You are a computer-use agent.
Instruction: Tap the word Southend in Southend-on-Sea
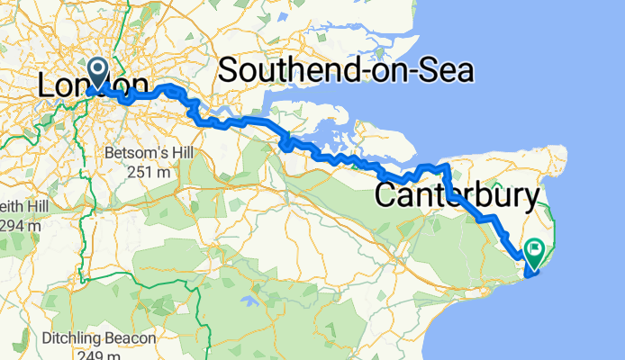tap(287, 69)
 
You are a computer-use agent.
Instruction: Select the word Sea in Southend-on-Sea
tap(444, 69)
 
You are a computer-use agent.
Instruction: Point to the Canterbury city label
tap(457, 195)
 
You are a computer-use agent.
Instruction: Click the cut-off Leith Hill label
tap(18, 205)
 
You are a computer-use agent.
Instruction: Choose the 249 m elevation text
tap(94, 355)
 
